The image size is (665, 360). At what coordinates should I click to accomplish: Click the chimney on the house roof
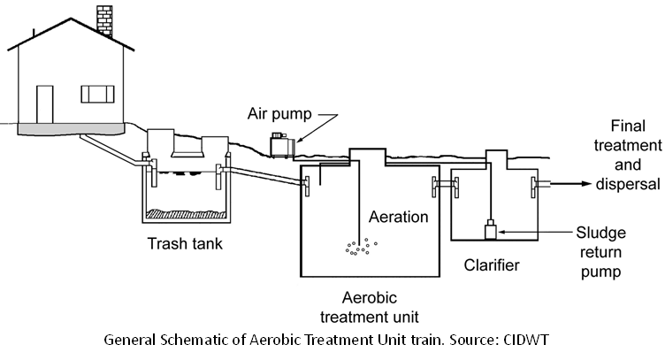click(103, 19)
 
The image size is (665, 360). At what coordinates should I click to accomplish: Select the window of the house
click(97, 93)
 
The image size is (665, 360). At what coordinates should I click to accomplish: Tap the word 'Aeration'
click(398, 217)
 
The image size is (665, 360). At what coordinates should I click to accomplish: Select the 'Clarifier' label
click(492, 264)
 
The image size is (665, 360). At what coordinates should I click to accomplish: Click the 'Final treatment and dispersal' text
click(629, 156)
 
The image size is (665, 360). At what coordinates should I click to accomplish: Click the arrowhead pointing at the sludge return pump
click(501, 233)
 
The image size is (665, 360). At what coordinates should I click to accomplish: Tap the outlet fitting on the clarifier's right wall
click(536, 185)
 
